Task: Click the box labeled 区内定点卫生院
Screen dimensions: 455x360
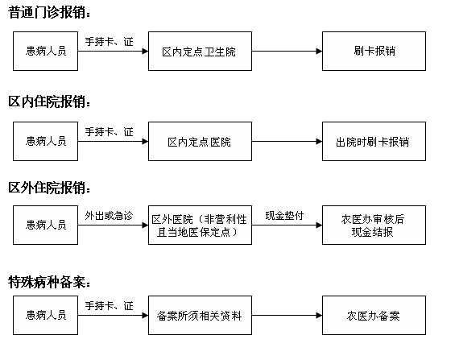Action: tap(200, 51)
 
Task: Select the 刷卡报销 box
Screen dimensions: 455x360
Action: tap(374, 51)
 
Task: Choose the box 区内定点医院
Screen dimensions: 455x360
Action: tap(200, 141)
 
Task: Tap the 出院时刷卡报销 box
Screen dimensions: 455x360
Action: tap(374, 141)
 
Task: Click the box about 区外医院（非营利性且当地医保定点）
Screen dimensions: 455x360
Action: tap(200, 226)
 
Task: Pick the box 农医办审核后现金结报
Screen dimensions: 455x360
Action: tap(374, 226)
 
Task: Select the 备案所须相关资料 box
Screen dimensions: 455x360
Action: tap(200, 316)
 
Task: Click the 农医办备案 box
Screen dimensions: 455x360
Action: tap(374, 316)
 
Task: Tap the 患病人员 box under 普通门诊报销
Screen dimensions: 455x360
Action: tap(46, 51)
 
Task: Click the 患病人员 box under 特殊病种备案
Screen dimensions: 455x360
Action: tap(46, 316)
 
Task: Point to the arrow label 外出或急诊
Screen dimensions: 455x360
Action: tap(109, 216)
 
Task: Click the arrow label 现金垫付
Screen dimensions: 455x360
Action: tap(284, 216)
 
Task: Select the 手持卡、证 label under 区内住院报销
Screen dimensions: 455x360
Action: tap(109, 132)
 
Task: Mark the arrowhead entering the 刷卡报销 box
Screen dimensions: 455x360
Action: tap(319, 51)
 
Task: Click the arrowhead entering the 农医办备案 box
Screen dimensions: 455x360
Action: tap(319, 316)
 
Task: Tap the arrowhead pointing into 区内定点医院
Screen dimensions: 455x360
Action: tap(145, 141)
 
